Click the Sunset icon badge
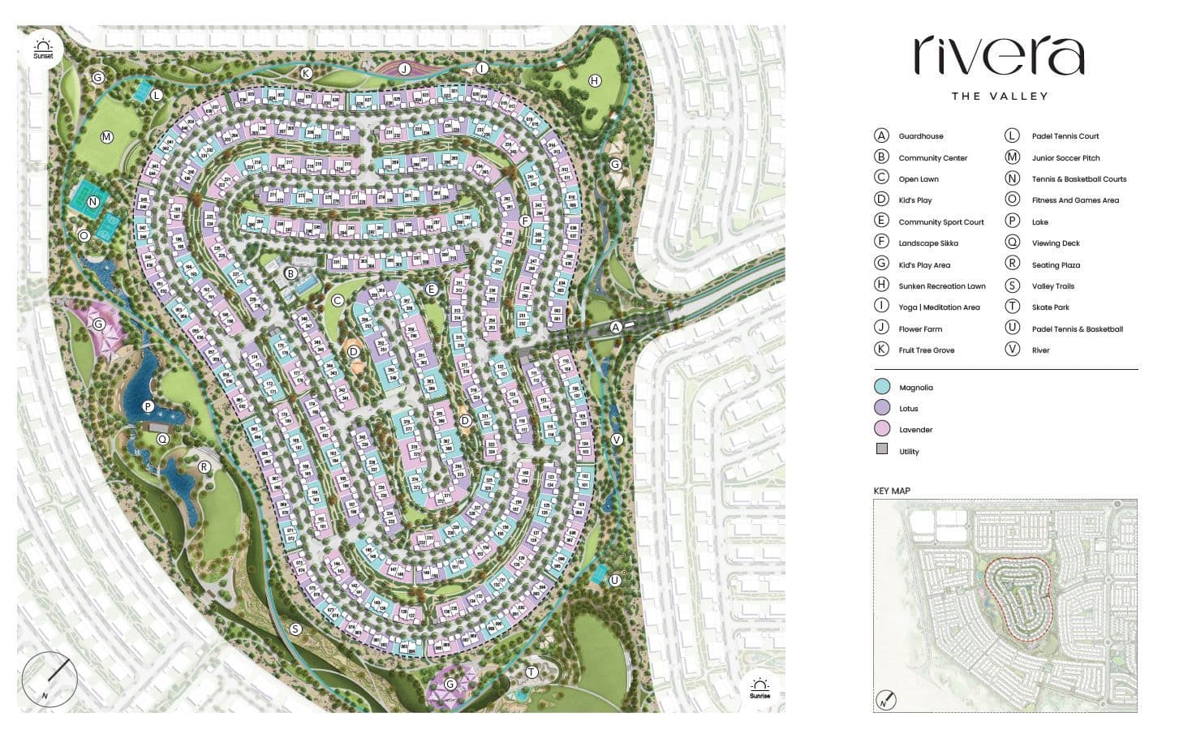click(43, 48)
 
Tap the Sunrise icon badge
click(760, 689)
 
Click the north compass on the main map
click(49, 680)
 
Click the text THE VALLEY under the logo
click(1000, 96)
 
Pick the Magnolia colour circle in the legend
click(882, 387)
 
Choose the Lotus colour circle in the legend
click(882, 408)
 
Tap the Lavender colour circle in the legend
click(882, 429)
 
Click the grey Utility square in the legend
click(882, 449)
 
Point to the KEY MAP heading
click(891, 491)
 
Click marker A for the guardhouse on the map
click(616, 327)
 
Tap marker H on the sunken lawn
click(595, 80)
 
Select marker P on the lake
click(148, 406)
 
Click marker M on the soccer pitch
click(106, 137)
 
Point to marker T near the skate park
click(532, 671)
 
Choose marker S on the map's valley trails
click(295, 629)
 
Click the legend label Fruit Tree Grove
click(926, 350)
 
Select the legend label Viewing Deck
click(1056, 243)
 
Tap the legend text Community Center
click(932, 158)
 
